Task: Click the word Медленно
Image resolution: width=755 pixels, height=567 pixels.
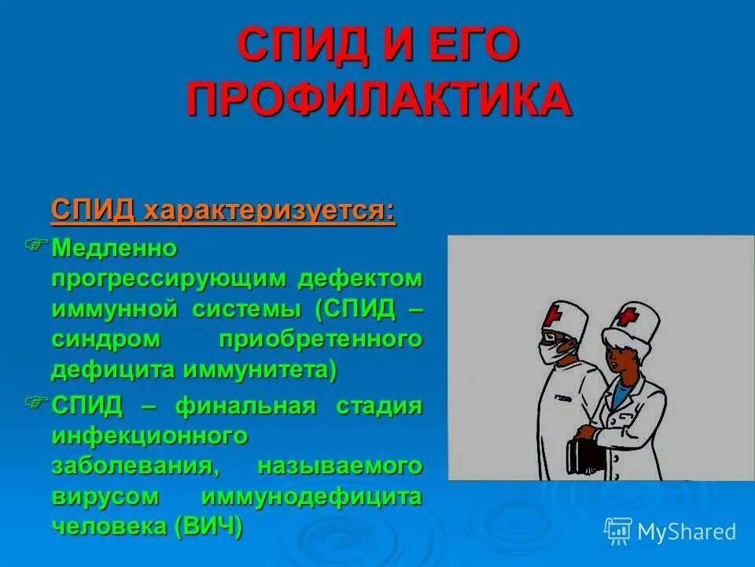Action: [115, 249]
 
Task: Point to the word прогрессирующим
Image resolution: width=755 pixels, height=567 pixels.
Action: [168, 279]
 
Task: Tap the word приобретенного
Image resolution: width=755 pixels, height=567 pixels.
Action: [319, 339]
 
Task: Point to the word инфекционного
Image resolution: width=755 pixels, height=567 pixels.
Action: [150, 435]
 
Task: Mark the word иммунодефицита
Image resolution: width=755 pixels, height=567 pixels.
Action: [311, 496]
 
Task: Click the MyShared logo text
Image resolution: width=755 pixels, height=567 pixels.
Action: [686, 532]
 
